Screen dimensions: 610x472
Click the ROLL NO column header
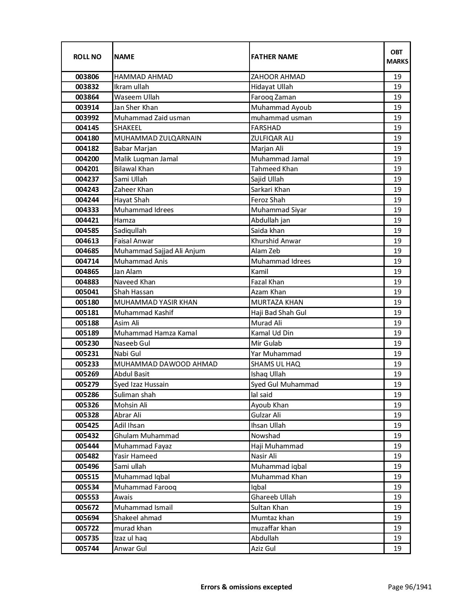pos(87,57)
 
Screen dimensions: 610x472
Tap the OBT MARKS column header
pos(397,57)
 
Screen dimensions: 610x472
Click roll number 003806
pos(87,77)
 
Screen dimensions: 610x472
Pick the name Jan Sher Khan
pos(136,108)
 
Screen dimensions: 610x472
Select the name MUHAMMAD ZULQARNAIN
pos(158,138)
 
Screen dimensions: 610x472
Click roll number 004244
pos(87,200)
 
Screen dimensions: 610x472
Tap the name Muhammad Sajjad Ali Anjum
pos(160,251)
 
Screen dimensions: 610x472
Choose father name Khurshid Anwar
pos(276,241)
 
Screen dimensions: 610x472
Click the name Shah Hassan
pos(134,292)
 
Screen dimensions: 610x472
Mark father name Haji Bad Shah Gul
pos(279,313)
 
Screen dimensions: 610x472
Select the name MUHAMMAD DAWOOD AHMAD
pos(166,364)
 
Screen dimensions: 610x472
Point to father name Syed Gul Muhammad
pos(285,384)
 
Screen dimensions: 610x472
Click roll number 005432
pos(87,436)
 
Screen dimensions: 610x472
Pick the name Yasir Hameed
pos(135,456)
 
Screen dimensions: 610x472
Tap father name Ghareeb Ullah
pos(274,497)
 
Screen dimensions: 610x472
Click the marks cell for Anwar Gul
pos(397,549)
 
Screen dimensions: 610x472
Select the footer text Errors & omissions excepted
pos(246,587)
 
